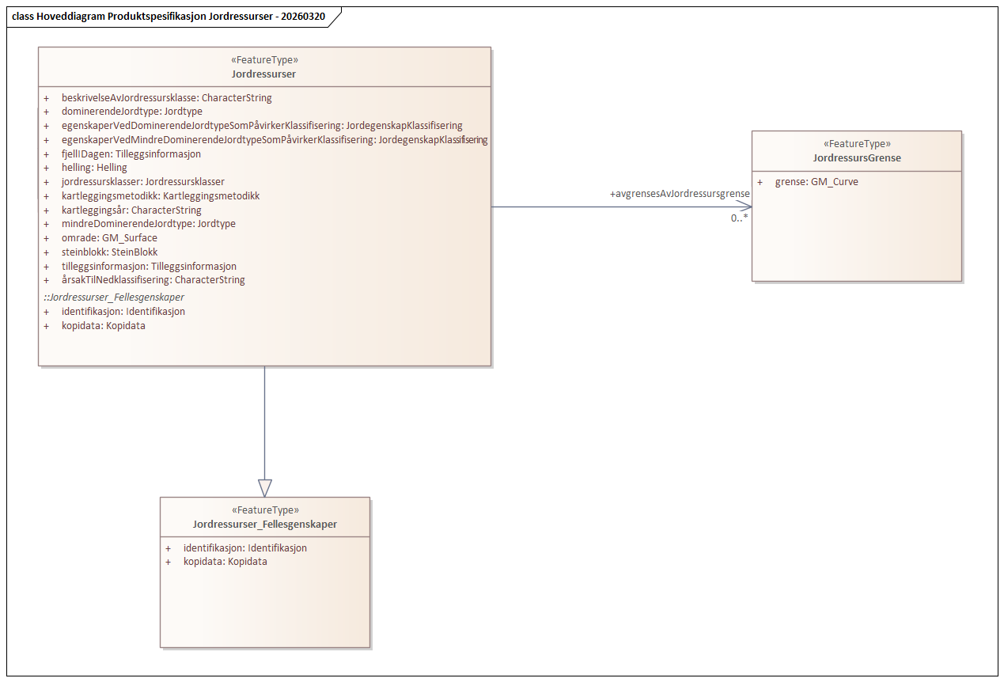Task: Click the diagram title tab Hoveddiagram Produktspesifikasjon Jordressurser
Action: tap(169, 17)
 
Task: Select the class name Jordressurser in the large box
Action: tap(264, 74)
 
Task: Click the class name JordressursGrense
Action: tap(857, 158)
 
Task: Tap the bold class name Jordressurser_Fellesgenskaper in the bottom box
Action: tap(265, 525)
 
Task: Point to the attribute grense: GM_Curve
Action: tap(816, 182)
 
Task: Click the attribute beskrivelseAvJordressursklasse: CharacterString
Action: tap(166, 98)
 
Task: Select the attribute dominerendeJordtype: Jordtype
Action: tap(131, 112)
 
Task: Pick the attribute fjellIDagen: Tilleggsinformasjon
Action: tap(131, 154)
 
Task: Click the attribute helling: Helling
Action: tap(94, 168)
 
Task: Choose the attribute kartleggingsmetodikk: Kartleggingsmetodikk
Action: tap(161, 196)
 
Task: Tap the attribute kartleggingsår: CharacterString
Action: tap(131, 210)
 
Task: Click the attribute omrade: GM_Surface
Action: tap(109, 238)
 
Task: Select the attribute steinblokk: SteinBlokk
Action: tap(109, 252)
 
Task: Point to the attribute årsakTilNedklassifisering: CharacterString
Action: tap(153, 280)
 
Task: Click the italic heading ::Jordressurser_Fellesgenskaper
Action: tap(113, 297)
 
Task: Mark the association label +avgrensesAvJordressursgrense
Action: tap(679, 194)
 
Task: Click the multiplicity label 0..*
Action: tap(739, 218)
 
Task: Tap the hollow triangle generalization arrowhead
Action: tap(264, 487)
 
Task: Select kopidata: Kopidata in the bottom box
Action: tap(225, 562)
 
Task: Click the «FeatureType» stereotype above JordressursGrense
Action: tap(857, 144)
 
